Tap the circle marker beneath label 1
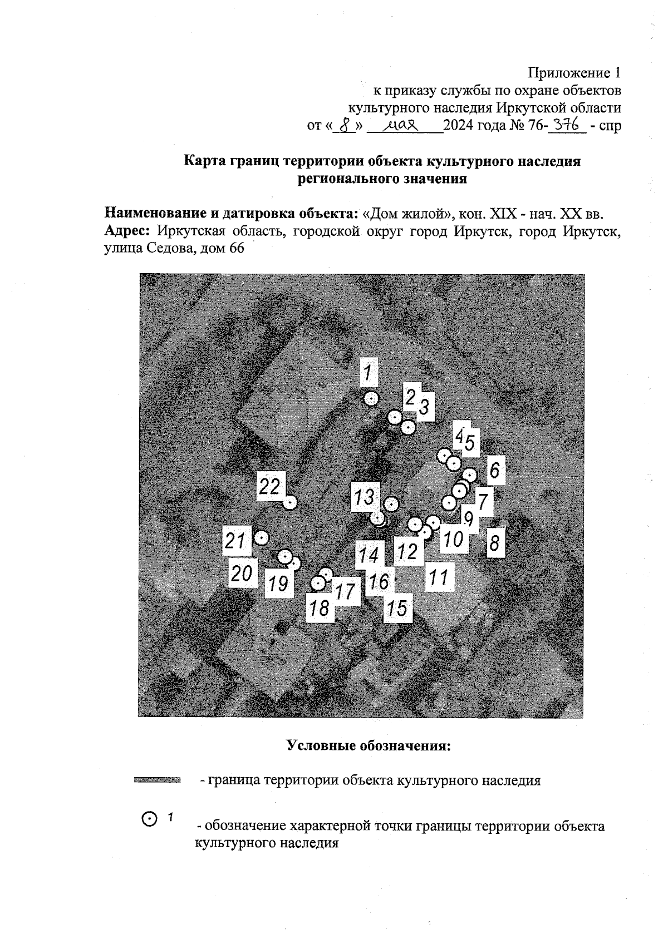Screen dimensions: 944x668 point(371,398)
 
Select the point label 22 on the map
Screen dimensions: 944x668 point(271,487)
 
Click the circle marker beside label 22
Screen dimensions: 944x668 point(290,502)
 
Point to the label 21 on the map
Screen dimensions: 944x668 point(236,541)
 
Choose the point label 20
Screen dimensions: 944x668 point(243,572)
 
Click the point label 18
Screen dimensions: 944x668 point(320,608)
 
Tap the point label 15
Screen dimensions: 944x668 point(397,607)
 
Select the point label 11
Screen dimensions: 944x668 point(439,578)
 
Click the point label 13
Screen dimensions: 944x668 point(365,496)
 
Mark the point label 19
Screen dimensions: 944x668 point(278,584)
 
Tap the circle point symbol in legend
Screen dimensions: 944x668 point(150,819)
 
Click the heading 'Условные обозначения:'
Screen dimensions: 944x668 point(368,745)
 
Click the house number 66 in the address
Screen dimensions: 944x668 point(236,248)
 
